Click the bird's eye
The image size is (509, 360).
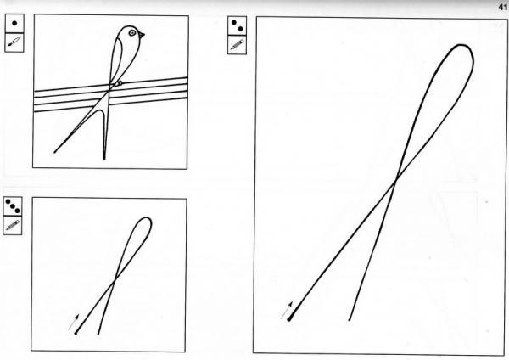[132, 33]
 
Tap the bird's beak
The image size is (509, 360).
[142, 35]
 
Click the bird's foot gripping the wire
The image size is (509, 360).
[118, 83]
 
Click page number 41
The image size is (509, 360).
[503, 7]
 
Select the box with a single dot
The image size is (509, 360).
[14, 24]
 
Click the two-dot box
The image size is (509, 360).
[237, 26]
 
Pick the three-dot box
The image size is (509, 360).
[13, 206]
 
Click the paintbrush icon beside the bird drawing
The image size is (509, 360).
[14, 42]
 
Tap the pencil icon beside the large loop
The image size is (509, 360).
[237, 45]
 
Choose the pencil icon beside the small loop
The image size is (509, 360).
[13, 225]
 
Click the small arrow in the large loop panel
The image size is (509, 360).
[287, 310]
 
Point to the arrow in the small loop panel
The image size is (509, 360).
[74, 322]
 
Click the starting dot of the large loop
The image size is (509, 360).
[289, 319]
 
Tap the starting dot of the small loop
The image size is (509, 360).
[76, 333]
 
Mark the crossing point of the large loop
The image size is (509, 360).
[396, 179]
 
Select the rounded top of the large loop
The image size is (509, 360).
[461, 46]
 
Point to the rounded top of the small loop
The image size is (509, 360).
[145, 218]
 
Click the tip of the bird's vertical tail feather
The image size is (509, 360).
[104, 159]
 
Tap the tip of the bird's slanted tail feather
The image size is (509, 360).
[55, 152]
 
